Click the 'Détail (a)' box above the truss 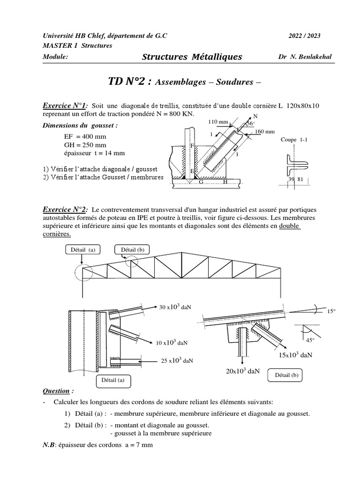pos(83,250)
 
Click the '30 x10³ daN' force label pos(176,307)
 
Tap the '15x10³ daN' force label pos(295,355)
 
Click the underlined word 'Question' pos(58,390)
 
